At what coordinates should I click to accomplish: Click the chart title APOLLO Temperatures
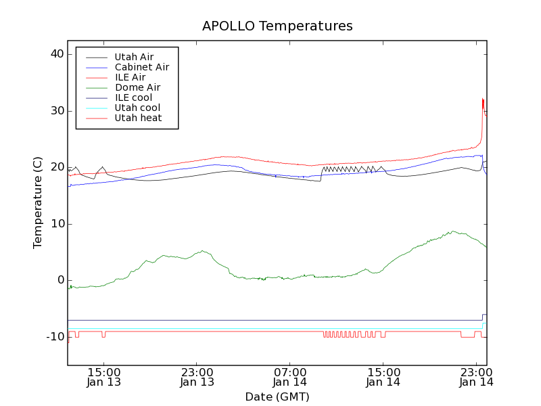coord(277,26)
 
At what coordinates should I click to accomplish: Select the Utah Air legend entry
coord(134,57)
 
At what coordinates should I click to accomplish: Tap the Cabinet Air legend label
coord(141,67)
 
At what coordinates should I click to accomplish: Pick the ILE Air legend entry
coord(130,77)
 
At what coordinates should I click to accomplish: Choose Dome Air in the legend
coord(137,87)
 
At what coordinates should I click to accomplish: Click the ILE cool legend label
coord(133,97)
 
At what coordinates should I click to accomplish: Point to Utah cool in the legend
coord(137,108)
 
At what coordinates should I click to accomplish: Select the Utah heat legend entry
coord(137,118)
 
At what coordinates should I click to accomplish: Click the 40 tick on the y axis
coord(56,54)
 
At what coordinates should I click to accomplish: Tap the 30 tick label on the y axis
coord(56,111)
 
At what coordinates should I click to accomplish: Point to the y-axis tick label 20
coord(56,167)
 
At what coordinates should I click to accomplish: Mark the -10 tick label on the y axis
coord(54,337)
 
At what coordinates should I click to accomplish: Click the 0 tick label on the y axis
coord(60,280)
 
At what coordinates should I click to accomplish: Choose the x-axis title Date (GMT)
coord(277,397)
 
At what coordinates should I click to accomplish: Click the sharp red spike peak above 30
coord(482,99)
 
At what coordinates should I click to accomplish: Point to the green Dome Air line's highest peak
coord(453,231)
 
